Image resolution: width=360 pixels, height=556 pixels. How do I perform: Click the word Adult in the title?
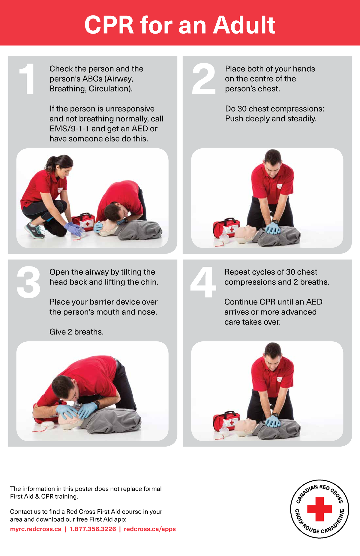[244, 25]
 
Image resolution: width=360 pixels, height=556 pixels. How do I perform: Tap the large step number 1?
[28, 79]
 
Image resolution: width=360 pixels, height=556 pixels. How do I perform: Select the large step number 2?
[203, 79]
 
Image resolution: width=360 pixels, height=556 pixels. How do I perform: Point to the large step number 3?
[28, 282]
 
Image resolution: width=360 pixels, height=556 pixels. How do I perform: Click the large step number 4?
[203, 282]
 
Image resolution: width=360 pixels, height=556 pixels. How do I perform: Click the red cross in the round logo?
[319, 509]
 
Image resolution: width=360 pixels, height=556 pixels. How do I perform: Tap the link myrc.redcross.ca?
[35, 529]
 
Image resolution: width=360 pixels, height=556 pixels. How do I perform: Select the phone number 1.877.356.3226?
[92, 529]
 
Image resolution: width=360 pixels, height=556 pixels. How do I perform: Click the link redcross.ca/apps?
[150, 529]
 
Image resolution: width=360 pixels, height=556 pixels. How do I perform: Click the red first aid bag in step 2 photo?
[226, 228]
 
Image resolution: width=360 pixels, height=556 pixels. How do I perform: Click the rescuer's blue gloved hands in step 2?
[273, 228]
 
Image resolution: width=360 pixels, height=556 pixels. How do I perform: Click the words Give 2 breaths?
[76, 332]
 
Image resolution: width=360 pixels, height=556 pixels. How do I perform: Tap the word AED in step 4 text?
[314, 302]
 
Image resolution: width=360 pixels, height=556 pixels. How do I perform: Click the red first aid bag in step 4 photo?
[226, 421]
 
